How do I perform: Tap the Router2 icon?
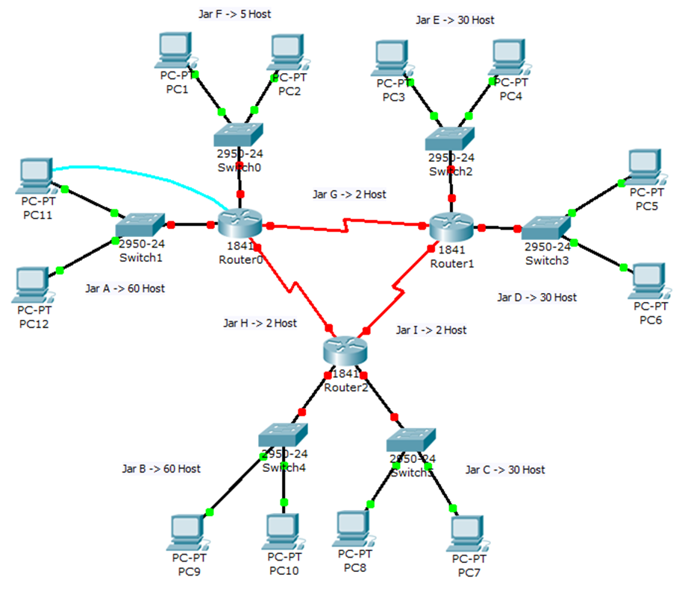pyautogui.click(x=345, y=350)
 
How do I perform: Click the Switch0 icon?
pyautogui.click(x=239, y=134)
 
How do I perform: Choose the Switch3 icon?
pyautogui.click(x=546, y=227)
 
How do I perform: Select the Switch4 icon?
pyautogui.click(x=283, y=435)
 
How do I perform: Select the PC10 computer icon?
pyautogui.click(x=284, y=530)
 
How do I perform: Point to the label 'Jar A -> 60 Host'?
pyautogui.click(x=125, y=289)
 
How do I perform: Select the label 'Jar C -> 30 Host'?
pyautogui.click(x=504, y=470)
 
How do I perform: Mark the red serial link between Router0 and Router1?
pyautogui.click(x=347, y=225)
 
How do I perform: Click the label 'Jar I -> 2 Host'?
pyautogui.click(x=431, y=330)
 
